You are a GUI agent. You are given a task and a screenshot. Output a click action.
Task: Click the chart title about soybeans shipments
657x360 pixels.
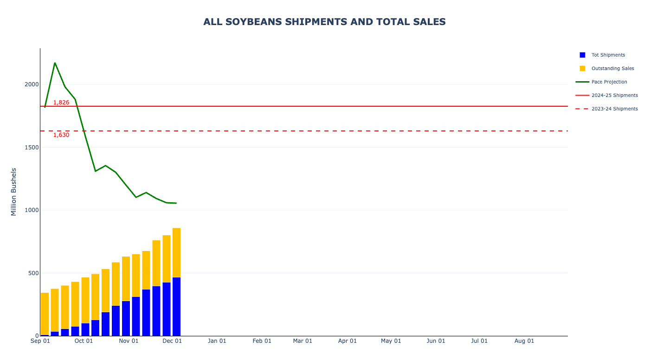[324, 22]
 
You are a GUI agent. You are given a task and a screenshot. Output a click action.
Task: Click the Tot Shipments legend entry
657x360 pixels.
[608, 55]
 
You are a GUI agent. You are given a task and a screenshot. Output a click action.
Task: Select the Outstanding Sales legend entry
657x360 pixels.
[612, 69]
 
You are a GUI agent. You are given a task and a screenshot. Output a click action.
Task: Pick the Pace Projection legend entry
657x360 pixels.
[609, 82]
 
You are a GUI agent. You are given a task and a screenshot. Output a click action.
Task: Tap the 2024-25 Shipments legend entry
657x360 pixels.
[614, 96]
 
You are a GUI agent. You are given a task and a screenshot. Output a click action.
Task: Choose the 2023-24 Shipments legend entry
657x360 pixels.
[614, 109]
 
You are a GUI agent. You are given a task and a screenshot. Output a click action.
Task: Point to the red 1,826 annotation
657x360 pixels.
[61, 103]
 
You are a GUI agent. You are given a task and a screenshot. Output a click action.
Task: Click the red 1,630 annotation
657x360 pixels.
[61, 135]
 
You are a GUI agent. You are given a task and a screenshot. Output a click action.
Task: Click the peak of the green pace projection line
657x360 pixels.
[55, 63]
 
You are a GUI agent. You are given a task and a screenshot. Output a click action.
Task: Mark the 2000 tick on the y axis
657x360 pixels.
[32, 84]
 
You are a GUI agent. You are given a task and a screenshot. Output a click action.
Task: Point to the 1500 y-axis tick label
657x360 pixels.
[32, 148]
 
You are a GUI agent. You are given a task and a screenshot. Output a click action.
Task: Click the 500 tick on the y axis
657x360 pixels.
[33, 273]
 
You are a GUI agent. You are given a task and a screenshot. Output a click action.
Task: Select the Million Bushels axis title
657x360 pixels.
[14, 192]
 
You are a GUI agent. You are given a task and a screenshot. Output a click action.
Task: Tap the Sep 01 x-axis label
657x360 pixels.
[40, 341]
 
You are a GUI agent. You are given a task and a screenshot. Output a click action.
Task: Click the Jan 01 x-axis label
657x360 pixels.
[217, 341]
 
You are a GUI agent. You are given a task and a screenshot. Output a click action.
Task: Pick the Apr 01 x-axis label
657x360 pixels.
[348, 341]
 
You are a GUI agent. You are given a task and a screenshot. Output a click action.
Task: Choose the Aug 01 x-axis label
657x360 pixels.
[524, 341]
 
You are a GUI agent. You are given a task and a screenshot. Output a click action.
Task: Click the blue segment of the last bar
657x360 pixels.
[176, 306]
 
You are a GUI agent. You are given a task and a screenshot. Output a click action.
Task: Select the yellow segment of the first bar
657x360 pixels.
[45, 313]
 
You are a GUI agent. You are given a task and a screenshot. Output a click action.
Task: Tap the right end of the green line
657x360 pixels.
[176, 203]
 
